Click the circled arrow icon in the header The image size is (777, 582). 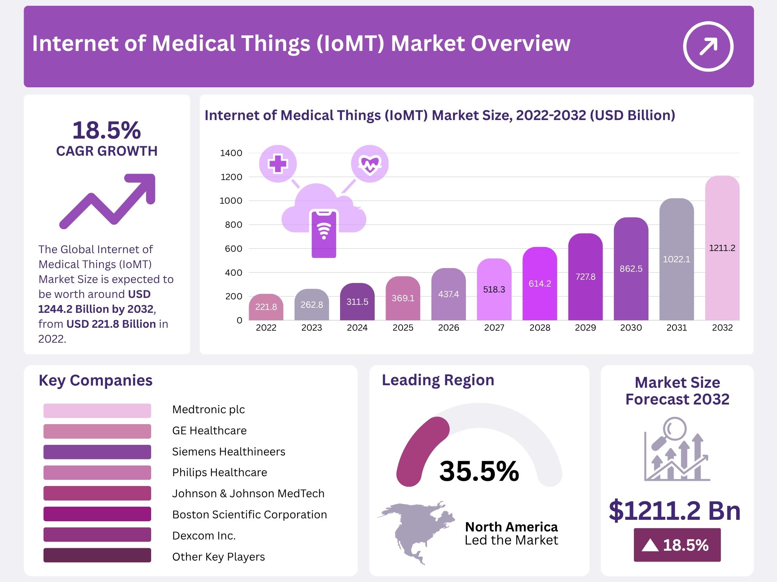[x=708, y=46]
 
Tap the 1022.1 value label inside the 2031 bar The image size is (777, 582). [x=676, y=259]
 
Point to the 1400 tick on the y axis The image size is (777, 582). [x=231, y=153]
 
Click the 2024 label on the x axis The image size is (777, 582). [x=357, y=328]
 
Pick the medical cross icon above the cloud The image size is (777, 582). [x=278, y=164]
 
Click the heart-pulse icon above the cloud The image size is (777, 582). [x=370, y=164]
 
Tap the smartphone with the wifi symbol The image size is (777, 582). [x=324, y=234]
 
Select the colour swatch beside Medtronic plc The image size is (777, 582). [x=97, y=410]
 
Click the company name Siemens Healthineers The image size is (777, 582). [x=229, y=451]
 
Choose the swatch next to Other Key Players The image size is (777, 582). [x=97, y=555]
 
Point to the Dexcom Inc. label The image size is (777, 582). [x=204, y=535]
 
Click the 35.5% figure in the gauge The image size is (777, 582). [x=479, y=471]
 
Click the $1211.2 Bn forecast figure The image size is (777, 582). [x=674, y=511]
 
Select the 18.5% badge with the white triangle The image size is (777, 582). [x=677, y=545]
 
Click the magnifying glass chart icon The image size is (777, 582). [x=677, y=450]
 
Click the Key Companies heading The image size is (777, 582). [x=95, y=380]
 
